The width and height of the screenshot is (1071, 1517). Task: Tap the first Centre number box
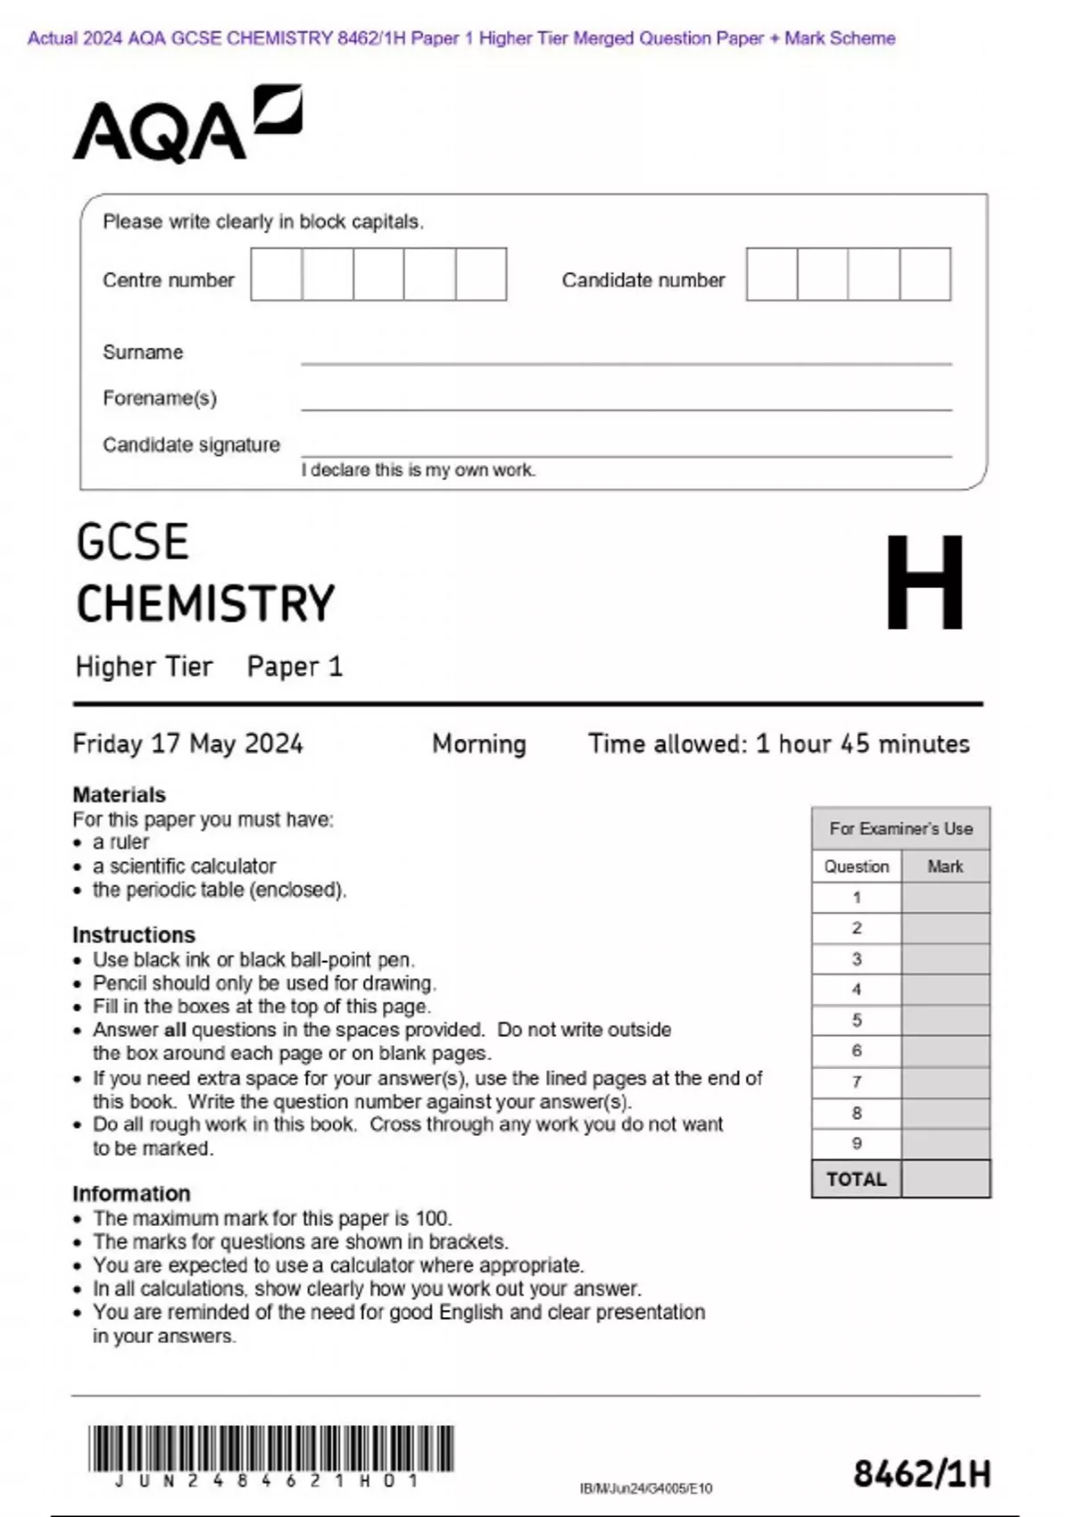click(x=276, y=275)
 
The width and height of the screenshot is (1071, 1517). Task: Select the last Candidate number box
click(x=925, y=275)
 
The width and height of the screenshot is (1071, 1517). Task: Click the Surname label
click(x=143, y=352)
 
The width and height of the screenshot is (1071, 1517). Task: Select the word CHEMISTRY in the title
click(x=205, y=604)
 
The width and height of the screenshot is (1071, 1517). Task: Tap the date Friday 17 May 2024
click(x=187, y=744)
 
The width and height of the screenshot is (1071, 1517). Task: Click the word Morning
click(x=479, y=744)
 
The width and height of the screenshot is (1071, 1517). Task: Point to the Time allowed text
click(x=778, y=744)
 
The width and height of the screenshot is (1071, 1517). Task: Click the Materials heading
click(x=119, y=794)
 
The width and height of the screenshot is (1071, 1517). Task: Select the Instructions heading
click(x=134, y=934)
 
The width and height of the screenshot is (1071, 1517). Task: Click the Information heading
click(x=131, y=1193)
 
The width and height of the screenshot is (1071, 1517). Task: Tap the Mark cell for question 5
click(x=945, y=1020)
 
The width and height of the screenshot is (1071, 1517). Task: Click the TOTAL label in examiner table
click(x=856, y=1180)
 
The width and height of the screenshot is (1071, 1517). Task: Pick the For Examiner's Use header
click(x=901, y=828)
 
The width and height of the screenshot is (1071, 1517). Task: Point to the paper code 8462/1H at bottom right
click(x=921, y=1474)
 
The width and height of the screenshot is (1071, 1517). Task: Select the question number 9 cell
click(x=856, y=1143)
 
